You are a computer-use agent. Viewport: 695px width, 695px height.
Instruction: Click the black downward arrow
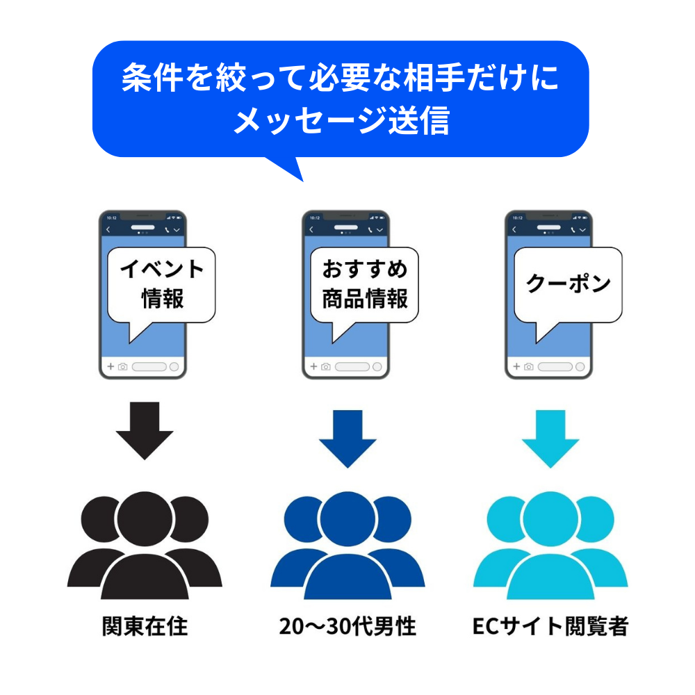click(145, 431)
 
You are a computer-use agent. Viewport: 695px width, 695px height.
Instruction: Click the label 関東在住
click(145, 627)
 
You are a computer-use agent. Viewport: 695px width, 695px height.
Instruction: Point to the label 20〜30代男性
click(347, 627)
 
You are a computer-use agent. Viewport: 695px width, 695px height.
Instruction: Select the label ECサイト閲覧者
click(550, 627)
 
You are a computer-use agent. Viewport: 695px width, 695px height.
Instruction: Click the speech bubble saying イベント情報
click(162, 284)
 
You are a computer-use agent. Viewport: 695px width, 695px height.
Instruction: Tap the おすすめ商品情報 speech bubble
click(365, 284)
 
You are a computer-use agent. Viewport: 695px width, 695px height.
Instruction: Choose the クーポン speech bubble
click(568, 284)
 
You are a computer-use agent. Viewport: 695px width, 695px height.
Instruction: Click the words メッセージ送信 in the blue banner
click(341, 121)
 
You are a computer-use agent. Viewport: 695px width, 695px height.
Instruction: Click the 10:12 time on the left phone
click(111, 217)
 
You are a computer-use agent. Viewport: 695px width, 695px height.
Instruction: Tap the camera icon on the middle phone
click(326, 366)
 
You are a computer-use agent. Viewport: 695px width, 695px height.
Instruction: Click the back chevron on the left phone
click(108, 229)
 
